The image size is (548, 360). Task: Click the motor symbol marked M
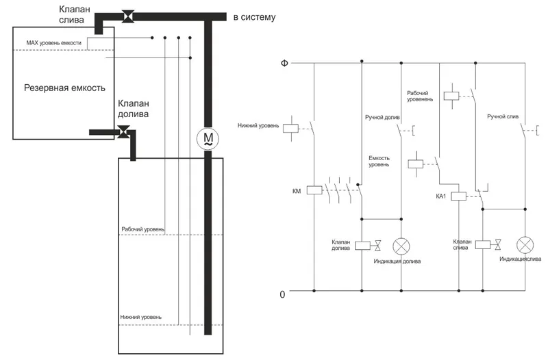point(208,139)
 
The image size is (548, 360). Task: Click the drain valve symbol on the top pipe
point(127,16)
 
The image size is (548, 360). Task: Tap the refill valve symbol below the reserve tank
point(123,132)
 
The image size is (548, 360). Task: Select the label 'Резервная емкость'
point(64,88)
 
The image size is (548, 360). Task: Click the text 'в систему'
point(254,16)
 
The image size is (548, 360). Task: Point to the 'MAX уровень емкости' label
point(54,43)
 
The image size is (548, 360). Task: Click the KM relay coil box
point(314,190)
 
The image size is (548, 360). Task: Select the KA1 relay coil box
point(458,196)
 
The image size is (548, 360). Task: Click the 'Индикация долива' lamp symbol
point(401,246)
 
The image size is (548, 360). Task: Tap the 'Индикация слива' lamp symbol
point(525,245)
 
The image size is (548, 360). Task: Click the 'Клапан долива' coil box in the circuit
point(362,246)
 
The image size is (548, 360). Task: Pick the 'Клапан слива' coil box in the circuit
point(483,244)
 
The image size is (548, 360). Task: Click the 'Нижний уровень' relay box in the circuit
point(290,129)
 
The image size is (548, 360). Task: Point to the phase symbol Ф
point(284,63)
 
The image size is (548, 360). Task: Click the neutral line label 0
point(282,294)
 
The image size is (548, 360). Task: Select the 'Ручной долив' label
point(382,117)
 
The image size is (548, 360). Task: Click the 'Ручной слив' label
point(503,116)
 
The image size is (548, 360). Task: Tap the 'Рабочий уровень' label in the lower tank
point(142,229)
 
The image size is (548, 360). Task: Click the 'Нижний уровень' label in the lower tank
point(141,317)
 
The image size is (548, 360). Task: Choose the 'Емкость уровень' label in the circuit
point(379,162)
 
